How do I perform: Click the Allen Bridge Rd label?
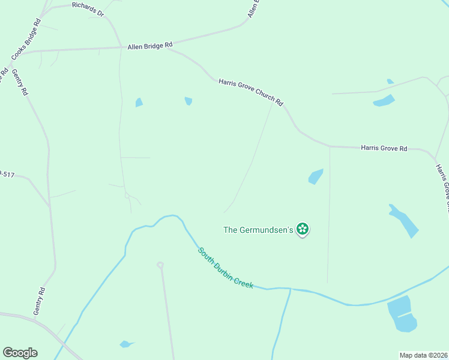(x=149, y=45)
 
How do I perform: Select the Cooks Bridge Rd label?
(x=26, y=39)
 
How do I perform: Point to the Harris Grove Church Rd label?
(x=250, y=92)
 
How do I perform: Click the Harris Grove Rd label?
(x=384, y=148)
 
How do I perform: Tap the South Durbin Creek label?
(x=226, y=268)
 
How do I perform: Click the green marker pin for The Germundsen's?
(x=303, y=229)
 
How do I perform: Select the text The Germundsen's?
(x=258, y=229)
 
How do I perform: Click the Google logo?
(x=20, y=353)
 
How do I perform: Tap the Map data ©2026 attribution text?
(x=423, y=355)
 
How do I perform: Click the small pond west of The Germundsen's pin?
(x=315, y=176)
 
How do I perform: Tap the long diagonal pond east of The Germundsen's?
(x=405, y=221)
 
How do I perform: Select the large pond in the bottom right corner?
(x=402, y=314)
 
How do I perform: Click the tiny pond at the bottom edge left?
(x=126, y=344)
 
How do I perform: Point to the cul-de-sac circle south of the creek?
(x=160, y=265)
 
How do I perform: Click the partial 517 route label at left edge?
(x=6, y=174)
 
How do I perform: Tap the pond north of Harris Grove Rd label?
(x=384, y=100)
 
